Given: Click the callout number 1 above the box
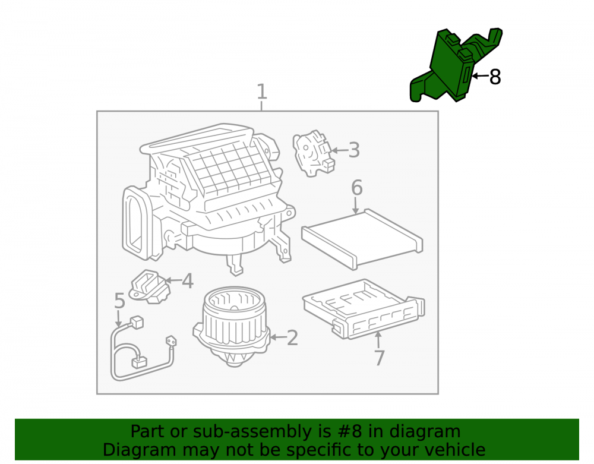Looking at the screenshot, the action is point(262,91).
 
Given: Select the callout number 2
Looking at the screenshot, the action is point(292,338).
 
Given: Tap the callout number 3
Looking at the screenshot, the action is point(354,150).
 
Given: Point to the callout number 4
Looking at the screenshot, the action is point(188,281).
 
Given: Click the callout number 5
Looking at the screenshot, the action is point(119,301).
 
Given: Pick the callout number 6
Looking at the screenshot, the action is point(357,188).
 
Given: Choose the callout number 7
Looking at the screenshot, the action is point(379,358).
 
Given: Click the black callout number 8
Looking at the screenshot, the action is point(495,77).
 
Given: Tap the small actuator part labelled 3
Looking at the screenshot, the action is point(313,153).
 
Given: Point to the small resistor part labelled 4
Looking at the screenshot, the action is point(150,286).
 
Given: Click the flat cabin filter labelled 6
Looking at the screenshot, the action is point(362,239).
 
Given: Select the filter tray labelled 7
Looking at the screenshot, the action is point(364,309).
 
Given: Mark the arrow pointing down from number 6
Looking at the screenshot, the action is point(355,206).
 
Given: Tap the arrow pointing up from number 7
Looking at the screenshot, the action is point(378,340).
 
